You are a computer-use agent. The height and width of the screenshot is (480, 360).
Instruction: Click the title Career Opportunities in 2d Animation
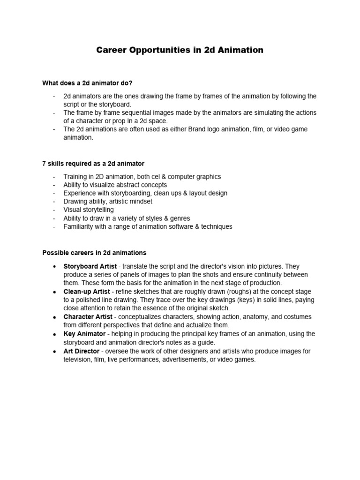[180, 50]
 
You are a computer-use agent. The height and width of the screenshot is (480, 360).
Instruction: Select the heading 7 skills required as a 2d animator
[93, 164]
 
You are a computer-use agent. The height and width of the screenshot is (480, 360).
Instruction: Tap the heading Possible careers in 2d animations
[94, 253]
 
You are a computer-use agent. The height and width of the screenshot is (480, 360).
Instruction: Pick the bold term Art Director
[82, 351]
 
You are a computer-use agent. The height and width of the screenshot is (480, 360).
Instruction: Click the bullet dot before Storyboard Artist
[55, 266]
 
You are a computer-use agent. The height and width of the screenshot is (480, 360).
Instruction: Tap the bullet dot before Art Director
[55, 352]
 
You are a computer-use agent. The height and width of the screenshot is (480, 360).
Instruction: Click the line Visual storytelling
[89, 210]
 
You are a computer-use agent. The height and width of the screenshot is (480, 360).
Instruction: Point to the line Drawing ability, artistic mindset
[108, 202]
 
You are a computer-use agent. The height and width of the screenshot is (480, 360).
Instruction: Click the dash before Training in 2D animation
[54, 177]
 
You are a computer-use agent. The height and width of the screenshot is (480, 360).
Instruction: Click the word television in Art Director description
[79, 360]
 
